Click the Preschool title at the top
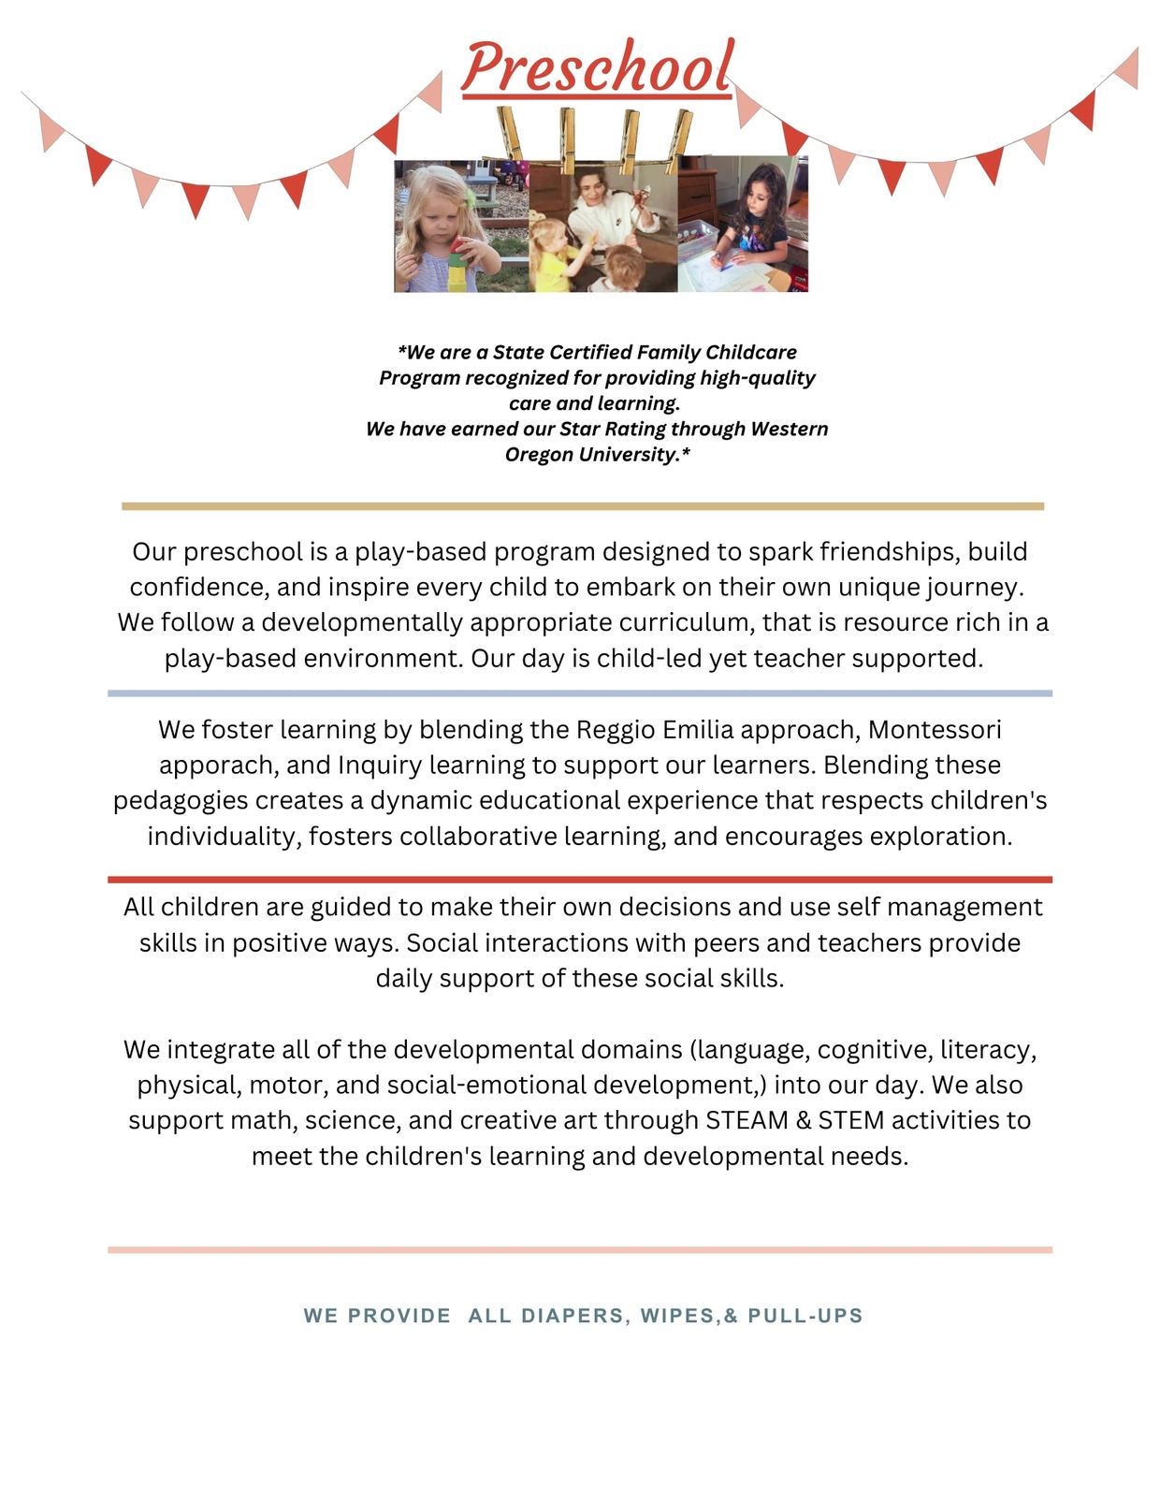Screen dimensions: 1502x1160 pos(597,67)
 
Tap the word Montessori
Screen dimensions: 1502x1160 pos(935,729)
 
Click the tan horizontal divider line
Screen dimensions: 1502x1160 pos(582,506)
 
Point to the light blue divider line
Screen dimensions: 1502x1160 pos(580,693)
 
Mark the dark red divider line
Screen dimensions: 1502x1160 pos(580,880)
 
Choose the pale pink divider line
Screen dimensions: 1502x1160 pos(580,1249)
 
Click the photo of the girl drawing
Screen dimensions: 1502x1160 pos(742,226)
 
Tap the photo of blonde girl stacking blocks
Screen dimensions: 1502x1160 pos(461,226)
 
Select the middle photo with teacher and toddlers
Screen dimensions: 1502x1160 pos(603,226)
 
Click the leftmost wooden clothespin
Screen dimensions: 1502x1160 pos(511,133)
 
